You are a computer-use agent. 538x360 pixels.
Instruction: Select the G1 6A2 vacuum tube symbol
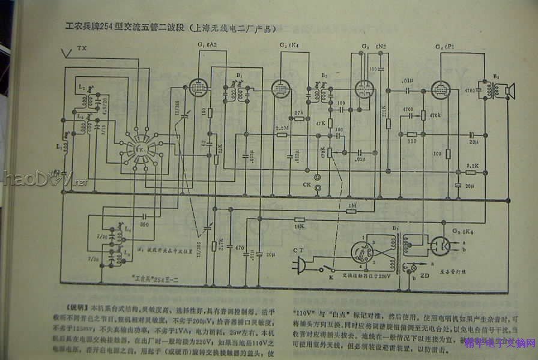point(197,88)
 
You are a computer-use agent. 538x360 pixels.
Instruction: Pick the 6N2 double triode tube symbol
point(363,89)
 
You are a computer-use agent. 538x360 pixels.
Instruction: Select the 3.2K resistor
point(471,172)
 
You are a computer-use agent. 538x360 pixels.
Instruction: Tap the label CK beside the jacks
point(306,184)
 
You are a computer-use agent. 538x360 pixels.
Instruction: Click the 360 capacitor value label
point(144,223)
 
